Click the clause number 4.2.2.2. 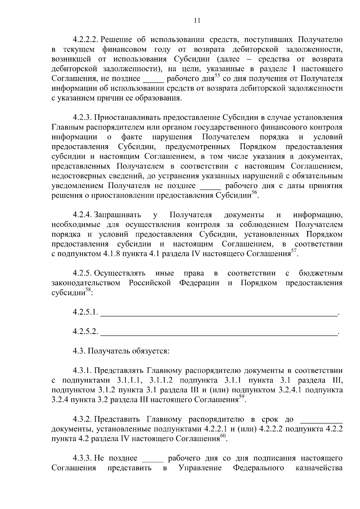click(86, 40)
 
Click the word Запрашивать click(118, 215)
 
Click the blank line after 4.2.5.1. click(218, 314)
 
